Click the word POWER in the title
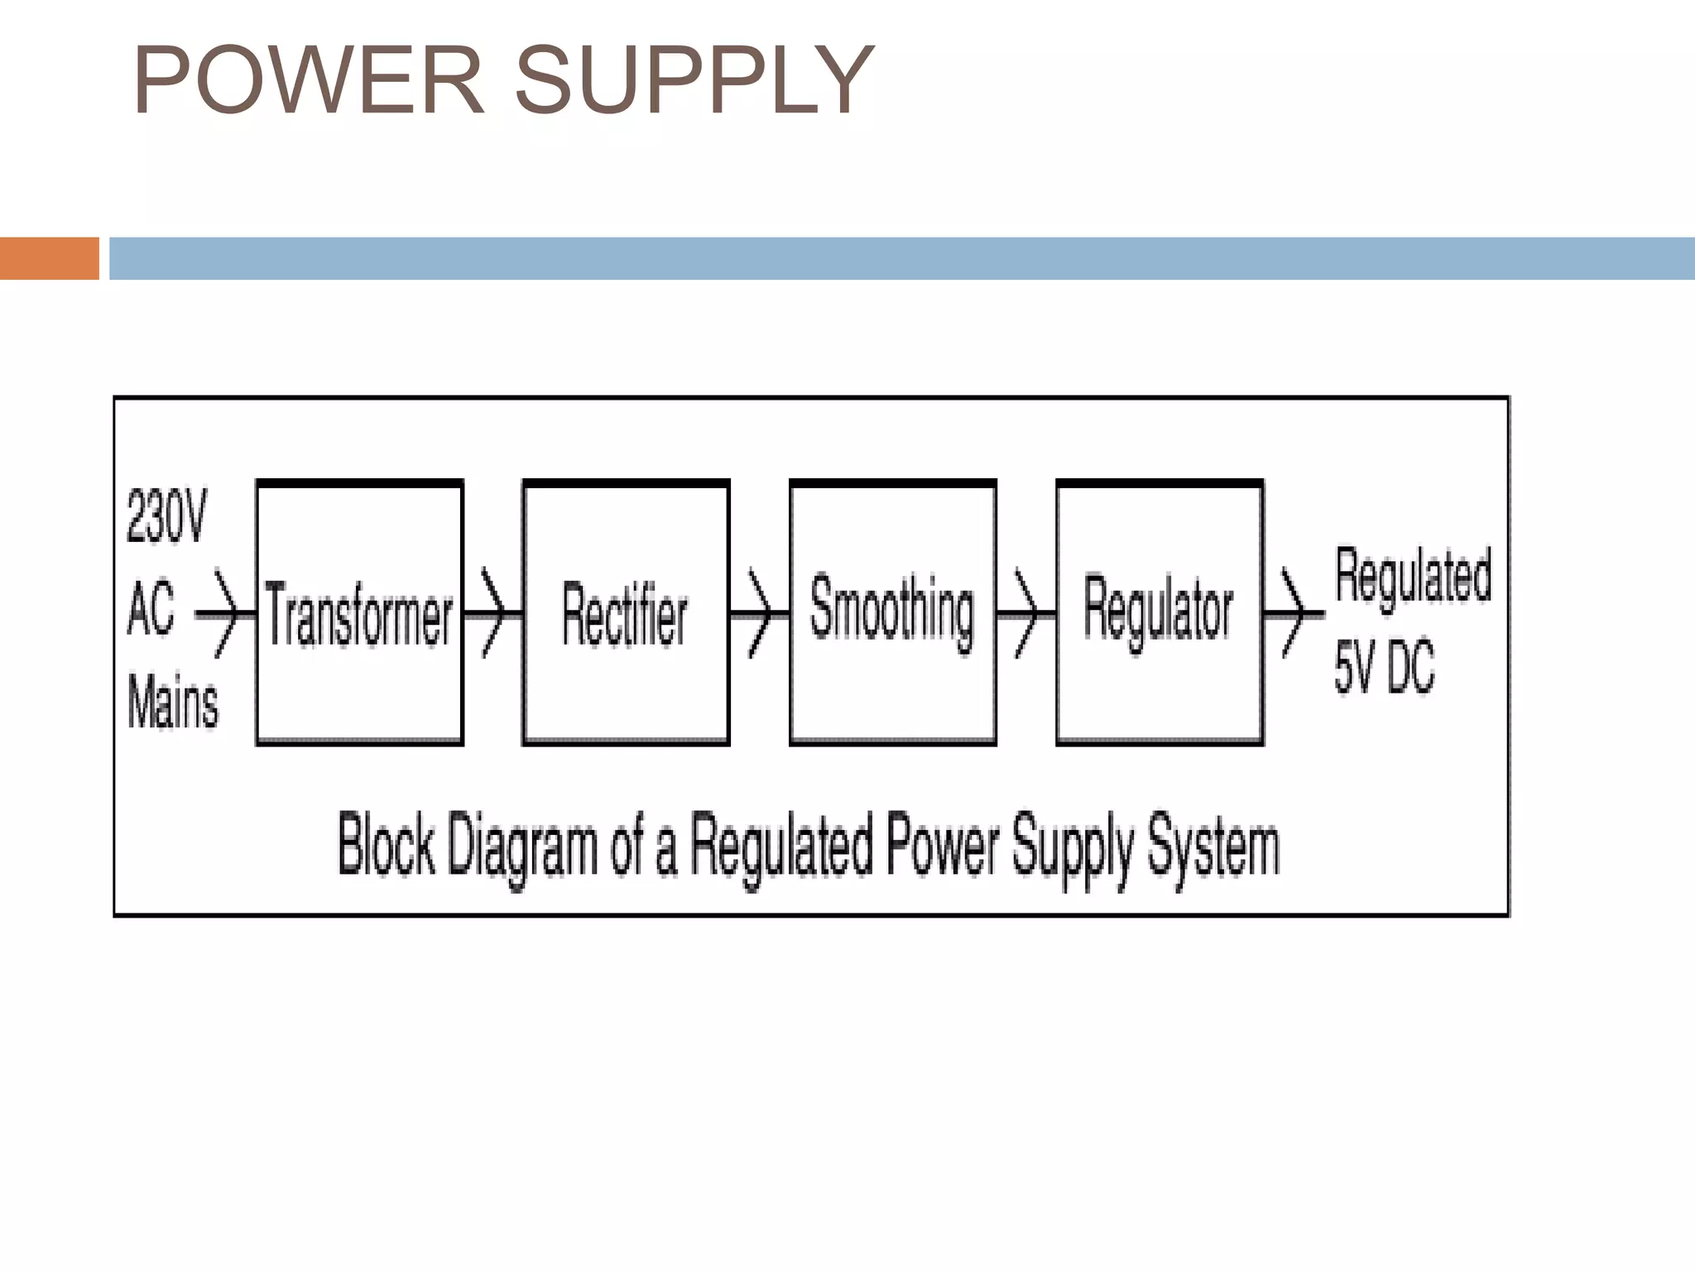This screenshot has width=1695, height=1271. pos(308,80)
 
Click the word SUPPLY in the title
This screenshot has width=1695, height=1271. pos(694,80)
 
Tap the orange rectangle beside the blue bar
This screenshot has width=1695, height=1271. pos(49,258)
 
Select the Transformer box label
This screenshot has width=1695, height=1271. pos(358,614)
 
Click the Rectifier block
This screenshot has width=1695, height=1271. pos(625,614)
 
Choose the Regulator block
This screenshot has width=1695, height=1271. pos(1158,612)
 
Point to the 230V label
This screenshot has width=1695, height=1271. pos(166,516)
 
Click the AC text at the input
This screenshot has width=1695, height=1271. pos(151,608)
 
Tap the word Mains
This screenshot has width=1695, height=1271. pos(173,703)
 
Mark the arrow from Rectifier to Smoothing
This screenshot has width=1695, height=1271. pos(759,614)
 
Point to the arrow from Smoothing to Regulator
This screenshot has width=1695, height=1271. pos(1025,614)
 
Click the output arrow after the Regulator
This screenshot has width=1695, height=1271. pos(1293,614)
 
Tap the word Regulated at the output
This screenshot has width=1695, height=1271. pos(1413,575)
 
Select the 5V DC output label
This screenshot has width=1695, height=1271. pos(1384,667)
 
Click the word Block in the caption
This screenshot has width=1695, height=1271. pos(386,844)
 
